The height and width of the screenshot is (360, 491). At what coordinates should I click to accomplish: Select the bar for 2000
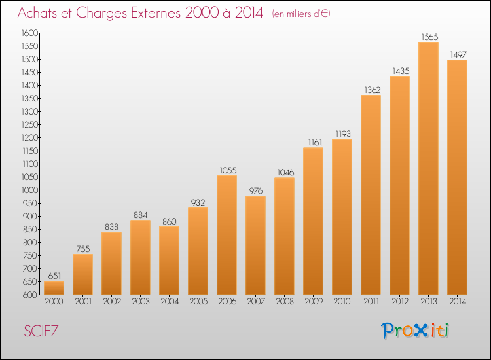54,288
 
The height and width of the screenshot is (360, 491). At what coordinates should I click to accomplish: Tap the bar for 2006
227,235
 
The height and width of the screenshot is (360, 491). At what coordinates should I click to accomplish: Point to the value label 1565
428,37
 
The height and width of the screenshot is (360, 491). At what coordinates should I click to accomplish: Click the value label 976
255,190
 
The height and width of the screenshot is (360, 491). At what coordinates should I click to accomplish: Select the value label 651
54,276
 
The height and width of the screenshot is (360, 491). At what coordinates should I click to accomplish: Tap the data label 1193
342,134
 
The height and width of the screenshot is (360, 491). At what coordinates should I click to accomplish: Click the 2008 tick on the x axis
284,302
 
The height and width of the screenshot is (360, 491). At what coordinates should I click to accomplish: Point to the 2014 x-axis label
457,302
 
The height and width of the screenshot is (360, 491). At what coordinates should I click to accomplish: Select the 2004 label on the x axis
169,302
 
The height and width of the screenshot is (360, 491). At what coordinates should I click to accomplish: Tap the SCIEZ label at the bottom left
41,331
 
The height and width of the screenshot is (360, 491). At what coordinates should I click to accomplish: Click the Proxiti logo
416,331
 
